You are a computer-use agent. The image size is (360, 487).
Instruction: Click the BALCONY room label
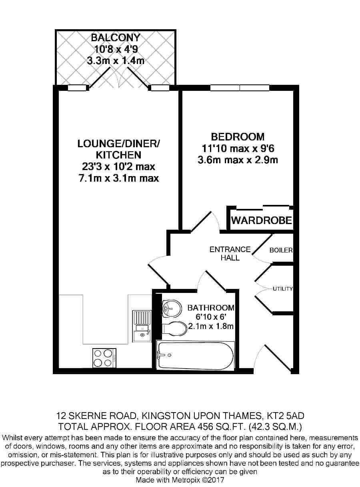pos(116,38)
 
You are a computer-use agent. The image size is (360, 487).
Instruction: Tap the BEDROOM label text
pos(238,137)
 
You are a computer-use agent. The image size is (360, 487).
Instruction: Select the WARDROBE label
pos(262,220)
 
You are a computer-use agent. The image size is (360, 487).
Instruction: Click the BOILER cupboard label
pos(281,250)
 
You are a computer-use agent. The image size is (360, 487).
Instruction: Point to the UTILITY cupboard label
pos(282,289)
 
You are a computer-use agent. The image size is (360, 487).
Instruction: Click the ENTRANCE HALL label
pos(230,253)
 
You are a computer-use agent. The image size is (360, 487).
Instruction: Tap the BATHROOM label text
pos(211,308)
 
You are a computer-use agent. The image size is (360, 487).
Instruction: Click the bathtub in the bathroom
pos(195,355)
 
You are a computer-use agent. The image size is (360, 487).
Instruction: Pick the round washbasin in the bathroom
pos(172,309)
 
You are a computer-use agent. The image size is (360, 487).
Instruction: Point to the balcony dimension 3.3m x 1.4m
pos(116,60)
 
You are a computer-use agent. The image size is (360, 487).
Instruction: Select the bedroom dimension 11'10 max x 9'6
pos(238,148)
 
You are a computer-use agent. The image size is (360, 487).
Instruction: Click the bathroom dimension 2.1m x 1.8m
pos(211,326)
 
